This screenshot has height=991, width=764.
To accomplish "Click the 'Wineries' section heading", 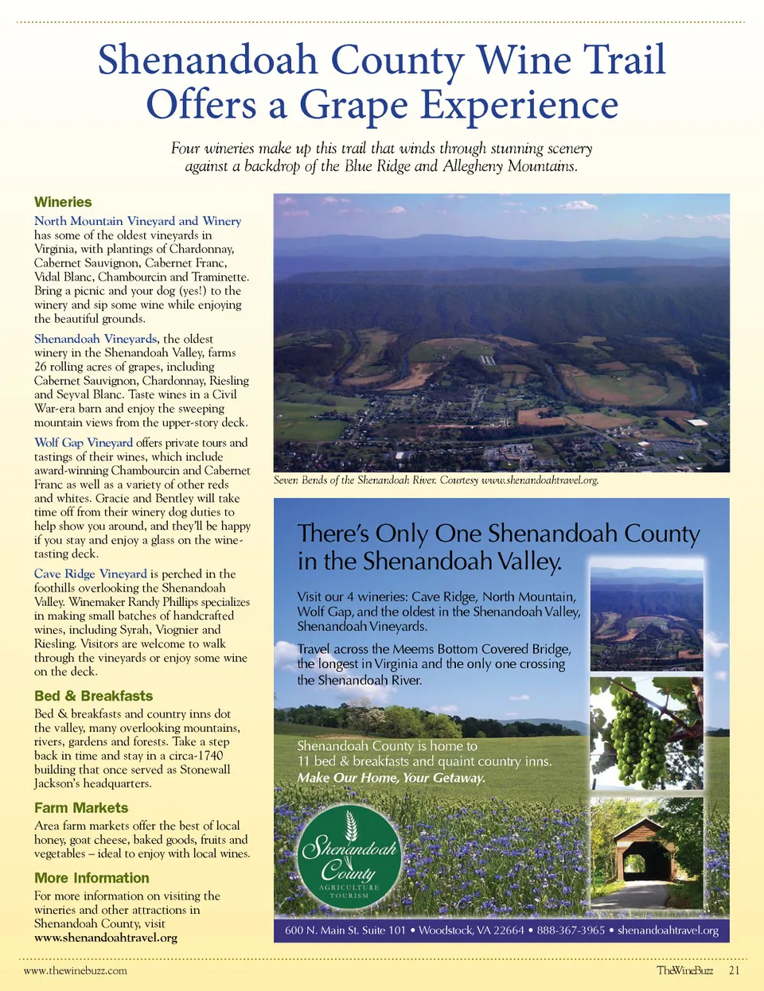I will (63, 202).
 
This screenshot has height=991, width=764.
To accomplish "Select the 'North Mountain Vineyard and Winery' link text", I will (137, 221).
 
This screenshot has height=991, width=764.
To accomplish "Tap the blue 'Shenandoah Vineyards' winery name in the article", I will (95, 339).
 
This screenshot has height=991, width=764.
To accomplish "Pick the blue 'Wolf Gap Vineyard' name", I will (84, 442).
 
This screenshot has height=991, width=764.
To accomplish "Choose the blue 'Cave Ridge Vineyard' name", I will (91, 573).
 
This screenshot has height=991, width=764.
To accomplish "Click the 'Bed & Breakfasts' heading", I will (93, 696).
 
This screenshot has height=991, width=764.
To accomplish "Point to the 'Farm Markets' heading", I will (81, 807).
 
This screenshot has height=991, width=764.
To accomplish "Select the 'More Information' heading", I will (92, 878).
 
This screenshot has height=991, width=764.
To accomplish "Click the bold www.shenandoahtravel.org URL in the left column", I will (106, 938).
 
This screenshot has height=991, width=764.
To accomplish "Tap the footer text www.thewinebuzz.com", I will (76, 970).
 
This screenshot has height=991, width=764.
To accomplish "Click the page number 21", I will (734, 970).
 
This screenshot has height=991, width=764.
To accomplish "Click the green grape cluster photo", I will (646, 733).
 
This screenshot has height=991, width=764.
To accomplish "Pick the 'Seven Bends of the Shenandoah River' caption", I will (435, 480).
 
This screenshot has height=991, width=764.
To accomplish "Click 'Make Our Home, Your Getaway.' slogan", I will (391, 778).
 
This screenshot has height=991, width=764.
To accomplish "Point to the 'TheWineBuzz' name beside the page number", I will (684, 970).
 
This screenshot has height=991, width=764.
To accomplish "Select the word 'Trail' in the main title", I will (623, 60).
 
